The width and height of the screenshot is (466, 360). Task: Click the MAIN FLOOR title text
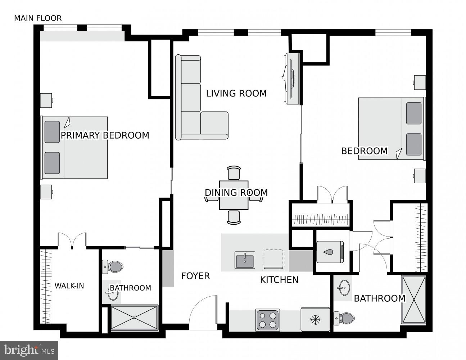click(38, 18)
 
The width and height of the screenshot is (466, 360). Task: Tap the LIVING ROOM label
click(236, 94)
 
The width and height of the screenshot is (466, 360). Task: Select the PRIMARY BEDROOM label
click(105, 135)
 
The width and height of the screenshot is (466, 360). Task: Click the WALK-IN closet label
click(69, 286)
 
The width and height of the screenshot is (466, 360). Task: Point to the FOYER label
click(195, 276)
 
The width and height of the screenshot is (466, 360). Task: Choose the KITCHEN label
click(279, 280)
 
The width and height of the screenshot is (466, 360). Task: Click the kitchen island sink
click(245, 260)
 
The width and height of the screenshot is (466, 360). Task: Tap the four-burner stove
click(267, 320)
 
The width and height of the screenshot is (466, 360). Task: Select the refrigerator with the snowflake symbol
click(315, 319)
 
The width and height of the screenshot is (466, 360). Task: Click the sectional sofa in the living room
click(194, 108)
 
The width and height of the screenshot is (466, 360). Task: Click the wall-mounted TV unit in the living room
click(292, 78)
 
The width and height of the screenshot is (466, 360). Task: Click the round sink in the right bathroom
click(344, 288)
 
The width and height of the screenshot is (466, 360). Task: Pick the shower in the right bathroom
click(413, 300)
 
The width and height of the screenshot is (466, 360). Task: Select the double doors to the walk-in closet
click(72, 240)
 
